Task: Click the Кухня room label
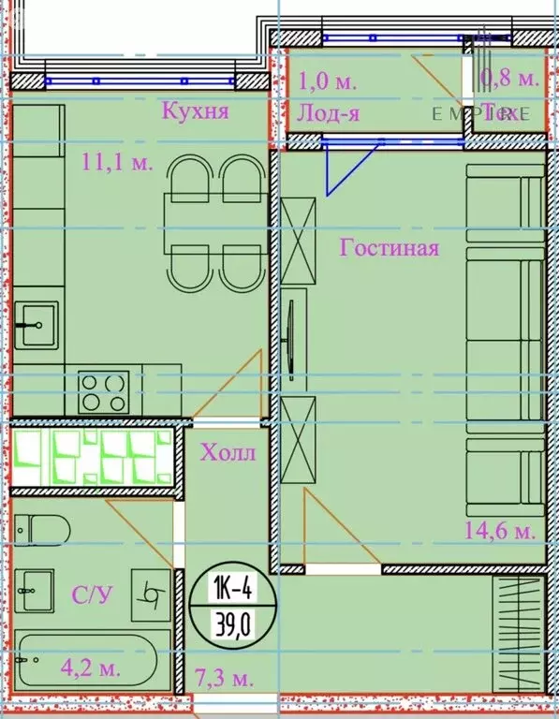(196, 112)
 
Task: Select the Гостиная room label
(390, 249)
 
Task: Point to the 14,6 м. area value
(500, 531)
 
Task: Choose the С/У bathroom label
(88, 594)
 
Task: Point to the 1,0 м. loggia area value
(328, 81)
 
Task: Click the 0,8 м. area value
(508, 79)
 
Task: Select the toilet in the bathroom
(42, 529)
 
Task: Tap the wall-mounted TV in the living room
(292, 334)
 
